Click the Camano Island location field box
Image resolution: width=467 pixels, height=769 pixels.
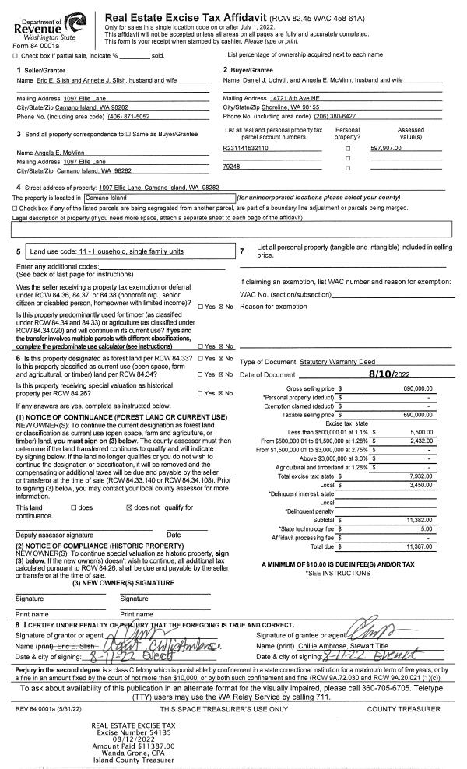point(163,198)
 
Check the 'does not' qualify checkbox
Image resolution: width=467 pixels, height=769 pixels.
point(129,507)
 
